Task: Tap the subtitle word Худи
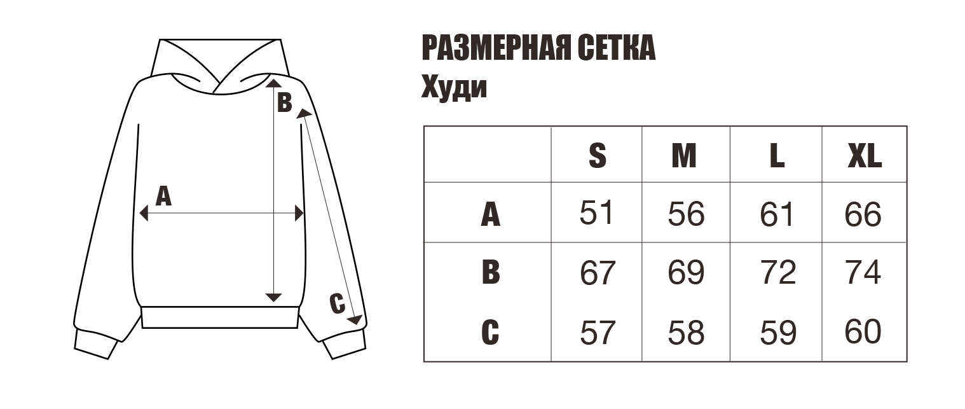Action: click(454, 87)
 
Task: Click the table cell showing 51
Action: click(595, 215)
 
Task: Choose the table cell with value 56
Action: click(686, 215)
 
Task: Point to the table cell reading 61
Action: click(777, 215)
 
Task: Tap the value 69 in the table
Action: click(686, 274)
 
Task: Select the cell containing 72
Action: click(777, 274)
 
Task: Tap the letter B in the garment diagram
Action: click(284, 102)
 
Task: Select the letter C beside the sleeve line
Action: click(337, 303)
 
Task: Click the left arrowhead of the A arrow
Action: click(144, 214)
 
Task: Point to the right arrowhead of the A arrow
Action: click(300, 214)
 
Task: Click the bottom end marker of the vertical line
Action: click(273, 298)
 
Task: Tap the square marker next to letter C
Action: click(354, 319)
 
